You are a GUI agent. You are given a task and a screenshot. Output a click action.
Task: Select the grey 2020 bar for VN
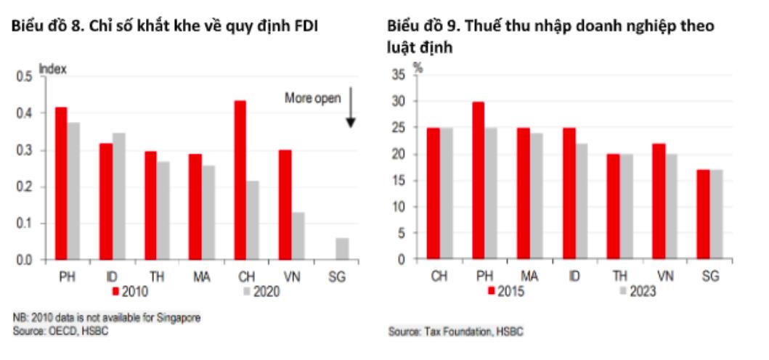(x=297, y=236)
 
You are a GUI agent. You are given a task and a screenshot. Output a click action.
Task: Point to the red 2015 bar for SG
(x=704, y=214)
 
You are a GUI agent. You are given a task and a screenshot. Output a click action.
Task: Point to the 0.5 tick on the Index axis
(x=24, y=77)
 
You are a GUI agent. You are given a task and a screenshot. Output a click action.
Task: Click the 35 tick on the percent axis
(x=398, y=75)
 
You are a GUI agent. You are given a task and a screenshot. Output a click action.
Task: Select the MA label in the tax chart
(x=529, y=276)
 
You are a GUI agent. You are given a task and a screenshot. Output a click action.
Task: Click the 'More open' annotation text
(x=312, y=98)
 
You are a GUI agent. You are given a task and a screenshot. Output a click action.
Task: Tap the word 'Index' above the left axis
(x=52, y=69)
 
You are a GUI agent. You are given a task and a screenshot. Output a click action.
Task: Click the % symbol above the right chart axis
(x=418, y=66)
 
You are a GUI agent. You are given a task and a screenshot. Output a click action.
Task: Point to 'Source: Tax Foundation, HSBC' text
(x=455, y=331)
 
